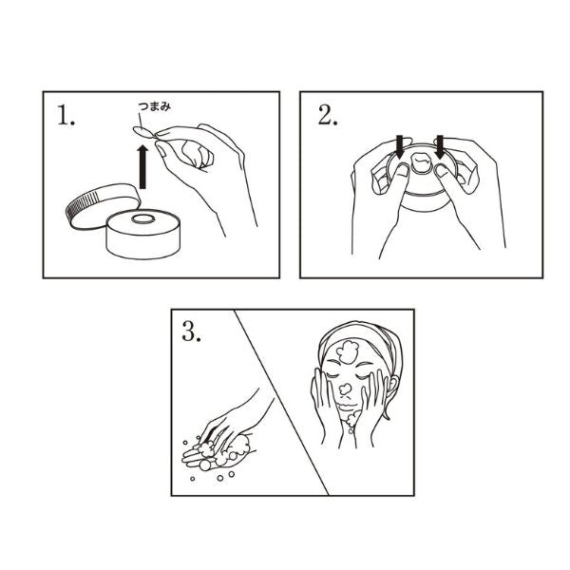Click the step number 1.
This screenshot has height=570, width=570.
click(66, 116)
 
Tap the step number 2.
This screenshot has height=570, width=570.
click(328, 115)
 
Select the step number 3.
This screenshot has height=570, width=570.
click(191, 332)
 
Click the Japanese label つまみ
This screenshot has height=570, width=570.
click(154, 106)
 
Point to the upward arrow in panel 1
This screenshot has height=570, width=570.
click(142, 167)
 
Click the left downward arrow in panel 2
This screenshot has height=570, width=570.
click(400, 146)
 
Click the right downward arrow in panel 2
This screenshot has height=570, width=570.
click(440, 146)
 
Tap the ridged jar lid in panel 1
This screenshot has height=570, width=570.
click(103, 205)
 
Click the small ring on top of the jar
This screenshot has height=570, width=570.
click(143, 218)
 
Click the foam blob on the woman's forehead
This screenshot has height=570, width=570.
click(348, 351)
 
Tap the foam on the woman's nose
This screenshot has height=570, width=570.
click(346, 389)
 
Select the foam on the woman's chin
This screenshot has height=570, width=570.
click(351, 419)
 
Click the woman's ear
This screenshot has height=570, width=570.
click(392, 386)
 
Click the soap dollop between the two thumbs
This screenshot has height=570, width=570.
click(422, 162)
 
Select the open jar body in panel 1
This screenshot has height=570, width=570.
click(143, 234)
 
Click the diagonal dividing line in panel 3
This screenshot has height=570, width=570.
click(282, 403)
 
